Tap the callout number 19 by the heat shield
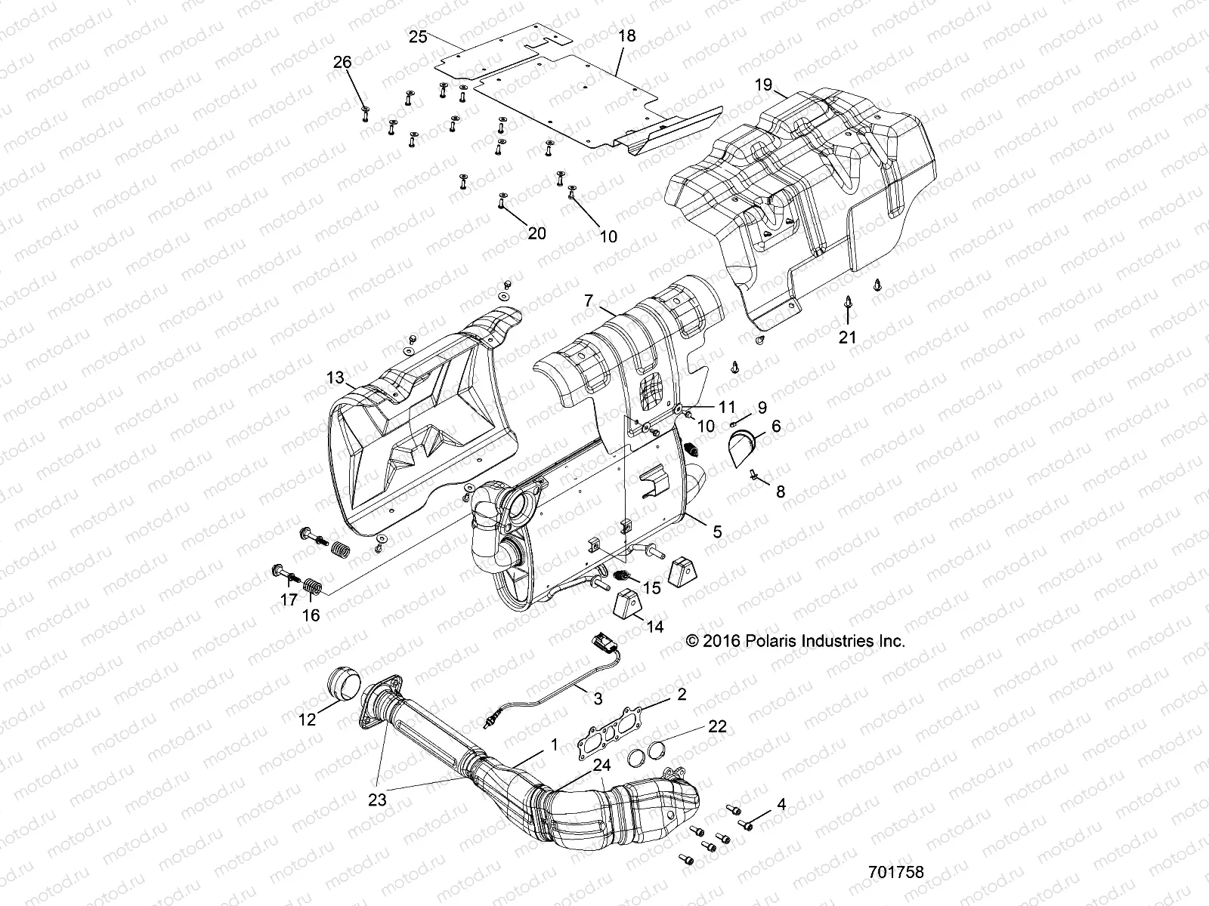point(763,85)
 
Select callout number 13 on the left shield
point(335,377)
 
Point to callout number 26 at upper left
point(342,62)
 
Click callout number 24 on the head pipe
point(601,765)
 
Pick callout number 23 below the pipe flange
point(377,800)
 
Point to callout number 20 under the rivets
point(536,233)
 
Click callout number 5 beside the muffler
point(716,532)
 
